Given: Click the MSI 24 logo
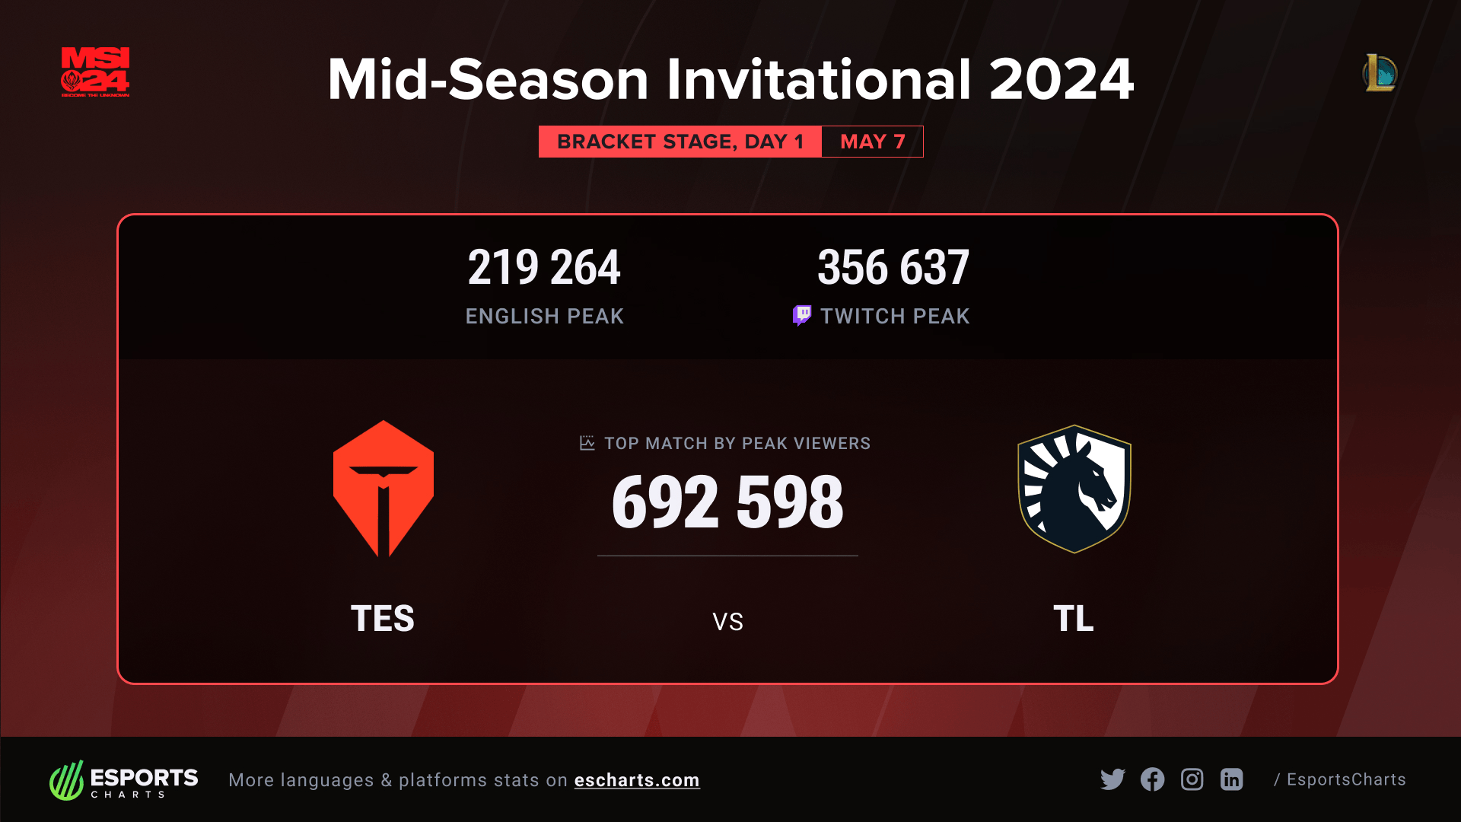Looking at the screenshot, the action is pos(95,72).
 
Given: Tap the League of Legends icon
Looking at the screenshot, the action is pos(1380,73).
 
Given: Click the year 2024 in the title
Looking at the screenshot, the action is pos(1062,79).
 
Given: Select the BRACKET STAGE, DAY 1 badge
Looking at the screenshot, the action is pos(680,142).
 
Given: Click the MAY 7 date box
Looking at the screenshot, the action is pos(873,142).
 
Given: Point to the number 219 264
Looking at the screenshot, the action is pos(544,267).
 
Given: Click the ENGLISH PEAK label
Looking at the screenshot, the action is pos(545,317).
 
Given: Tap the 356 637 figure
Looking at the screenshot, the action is pos(893,267).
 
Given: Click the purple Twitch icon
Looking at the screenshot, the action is pos(802,315).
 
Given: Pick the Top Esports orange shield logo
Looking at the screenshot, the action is pos(384,489).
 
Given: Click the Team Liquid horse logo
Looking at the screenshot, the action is pos(1074,489).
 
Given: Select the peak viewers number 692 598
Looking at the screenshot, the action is pos(727,502).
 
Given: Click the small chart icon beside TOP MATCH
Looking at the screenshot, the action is pos(587,443).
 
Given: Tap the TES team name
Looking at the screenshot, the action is pos(383,618).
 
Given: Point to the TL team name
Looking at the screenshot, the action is pos(1074,618).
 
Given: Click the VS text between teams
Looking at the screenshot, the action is pos(728,622).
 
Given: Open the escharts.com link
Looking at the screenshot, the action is pos(637,780).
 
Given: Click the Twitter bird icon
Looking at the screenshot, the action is pos(1112,779).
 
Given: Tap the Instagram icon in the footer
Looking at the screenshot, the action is pos(1192,779).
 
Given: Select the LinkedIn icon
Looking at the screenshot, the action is pos(1232,779).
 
